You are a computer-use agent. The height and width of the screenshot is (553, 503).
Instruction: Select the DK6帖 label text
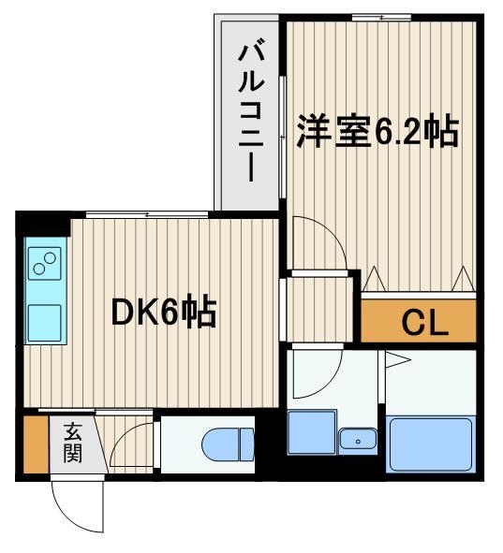pyautogui.click(x=164, y=313)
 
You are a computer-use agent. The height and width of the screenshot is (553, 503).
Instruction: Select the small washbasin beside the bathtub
pyautogui.click(x=358, y=438)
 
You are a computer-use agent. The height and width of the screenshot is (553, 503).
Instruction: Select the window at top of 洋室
pyautogui.click(x=381, y=17)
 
